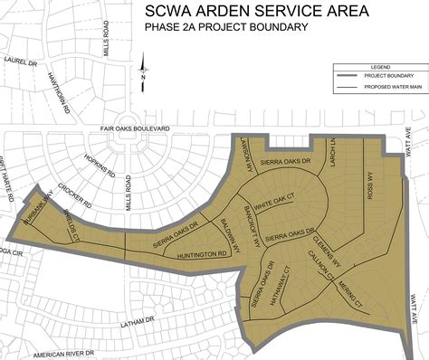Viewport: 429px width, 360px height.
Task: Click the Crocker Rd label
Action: pyautogui.click(x=69, y=191)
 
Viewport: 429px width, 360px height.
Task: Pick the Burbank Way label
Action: pyautogui.click(x=37, y=211)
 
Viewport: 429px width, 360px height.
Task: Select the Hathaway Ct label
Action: pyautogui.click(x=285, y=281)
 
